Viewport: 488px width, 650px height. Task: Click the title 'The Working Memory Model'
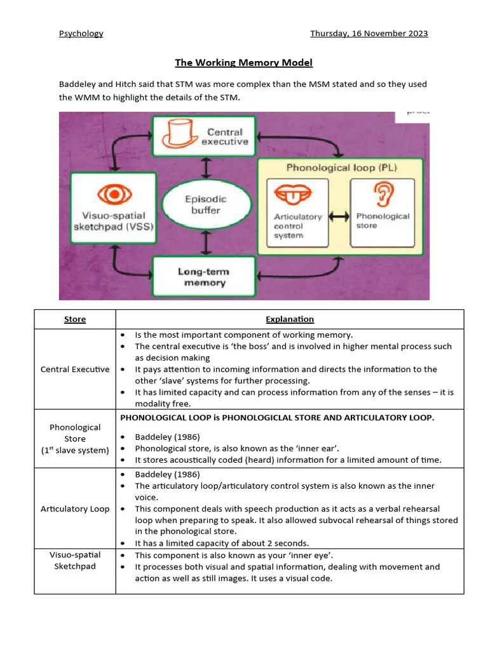[x=244, y=63]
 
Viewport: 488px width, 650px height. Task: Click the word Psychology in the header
[x=81, y=34]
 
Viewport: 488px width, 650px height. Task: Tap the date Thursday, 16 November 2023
[x=369, y=34]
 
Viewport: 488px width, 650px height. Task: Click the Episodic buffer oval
[x=205, y=204]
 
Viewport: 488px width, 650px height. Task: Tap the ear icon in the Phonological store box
[x=383, y=196]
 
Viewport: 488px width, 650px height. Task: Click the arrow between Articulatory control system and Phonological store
[x=339, y=216]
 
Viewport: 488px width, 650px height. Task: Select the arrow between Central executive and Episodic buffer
[x=205, y=168]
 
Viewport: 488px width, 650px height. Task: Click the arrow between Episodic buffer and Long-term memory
[x=205, y=242]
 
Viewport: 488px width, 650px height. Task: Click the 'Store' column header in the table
[x=75, y=319]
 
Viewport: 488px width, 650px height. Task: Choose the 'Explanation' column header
[x=289, y=319]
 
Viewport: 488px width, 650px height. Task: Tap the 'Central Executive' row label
[x=75, y=369]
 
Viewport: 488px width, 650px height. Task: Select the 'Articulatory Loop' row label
[x=75, y=509]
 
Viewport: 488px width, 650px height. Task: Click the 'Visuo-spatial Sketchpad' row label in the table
[x=75, y=560]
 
